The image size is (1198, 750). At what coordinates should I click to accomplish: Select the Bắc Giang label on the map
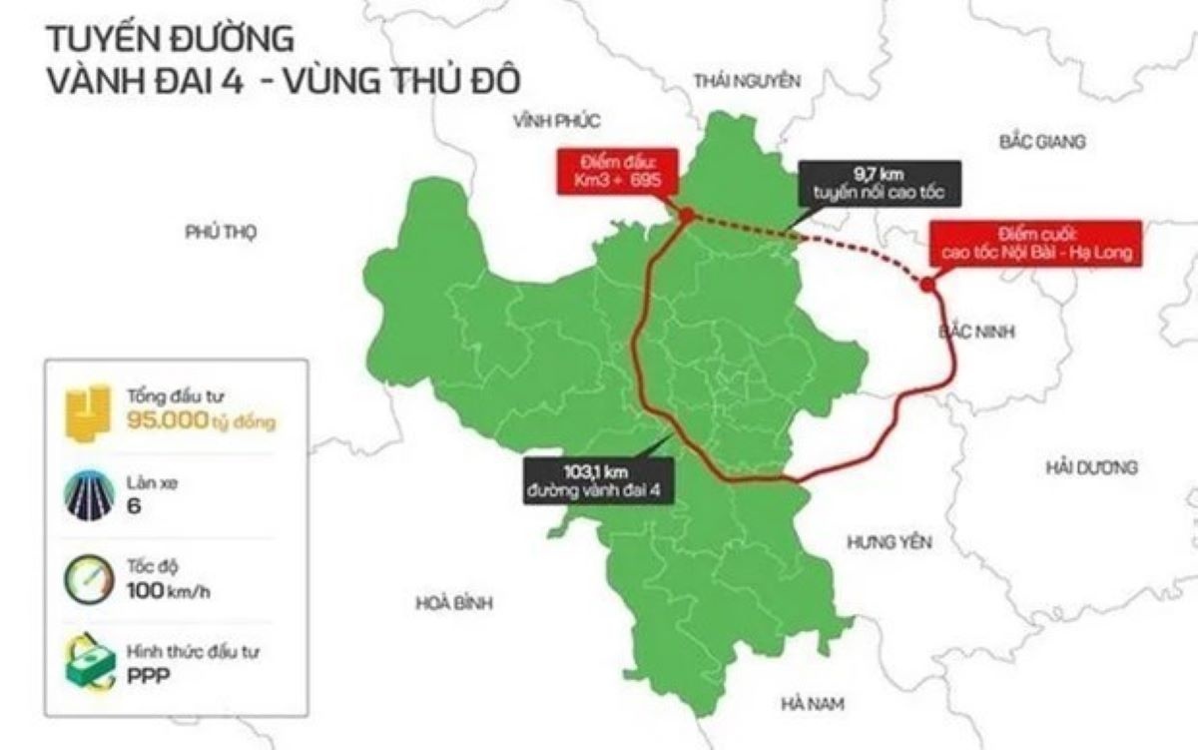pyautogui.click(x=1041, y=142)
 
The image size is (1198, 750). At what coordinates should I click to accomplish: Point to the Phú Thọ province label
pyautogui.click(x=221, y=232)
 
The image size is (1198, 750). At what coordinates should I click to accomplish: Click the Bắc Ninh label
pyautogui.click(x=977, y=332)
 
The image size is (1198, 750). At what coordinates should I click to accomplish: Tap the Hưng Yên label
pyautogui.click(x=889, y=542)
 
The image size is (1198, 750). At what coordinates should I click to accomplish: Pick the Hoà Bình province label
pyautogui.click(x=454, y=603)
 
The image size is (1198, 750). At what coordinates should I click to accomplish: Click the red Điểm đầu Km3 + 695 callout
pyautogui.click(x=618, y=172)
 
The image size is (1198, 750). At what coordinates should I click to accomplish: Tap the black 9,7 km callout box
pyautogui.click(x=880, y=184)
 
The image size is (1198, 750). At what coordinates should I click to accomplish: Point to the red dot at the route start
pyautogui.click(x=686, y=214)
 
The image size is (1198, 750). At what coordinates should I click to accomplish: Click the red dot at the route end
pyautogui.click(x=927, y=286)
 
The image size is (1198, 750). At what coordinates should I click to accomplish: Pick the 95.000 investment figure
pyautogui.click(x=166, y=421)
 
